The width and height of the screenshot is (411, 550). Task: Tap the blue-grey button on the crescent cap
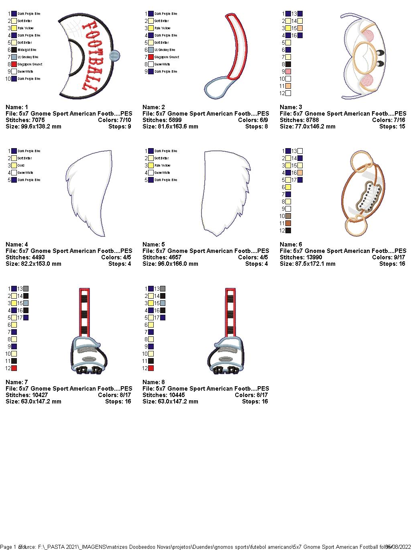tap(115, 56)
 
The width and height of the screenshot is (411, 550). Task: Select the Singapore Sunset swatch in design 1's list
tap(14, 64)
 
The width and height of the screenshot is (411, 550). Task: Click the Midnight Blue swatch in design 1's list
tap(14, 50)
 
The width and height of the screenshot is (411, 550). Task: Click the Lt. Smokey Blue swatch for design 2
tap(151, 50)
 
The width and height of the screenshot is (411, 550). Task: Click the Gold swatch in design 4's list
tap(14, 165)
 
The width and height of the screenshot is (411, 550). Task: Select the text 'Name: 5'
tap(154, 244)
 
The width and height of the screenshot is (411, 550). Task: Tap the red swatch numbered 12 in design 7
tap(14, 368)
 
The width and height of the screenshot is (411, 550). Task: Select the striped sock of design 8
tap(230, 313)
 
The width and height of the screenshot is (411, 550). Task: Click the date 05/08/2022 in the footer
tap(398, 547)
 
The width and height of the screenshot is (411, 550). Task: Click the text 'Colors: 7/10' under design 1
tap(114, 120)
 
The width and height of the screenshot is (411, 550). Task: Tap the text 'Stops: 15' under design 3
tap(392, 126)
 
